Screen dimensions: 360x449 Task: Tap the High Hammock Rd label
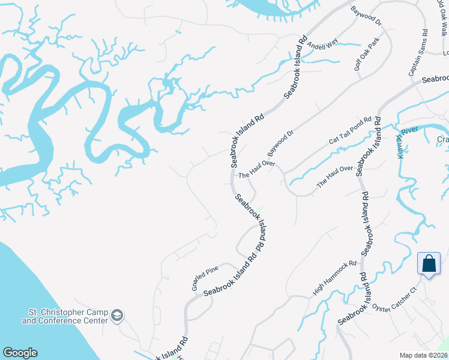pos(335,278)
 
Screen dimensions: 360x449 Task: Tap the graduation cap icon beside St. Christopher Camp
pos(118,316)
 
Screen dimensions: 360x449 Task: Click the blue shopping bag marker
pos(429,264)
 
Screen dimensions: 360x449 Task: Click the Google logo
pos(20,353)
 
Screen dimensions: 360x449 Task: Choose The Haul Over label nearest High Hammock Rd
pos(335,177)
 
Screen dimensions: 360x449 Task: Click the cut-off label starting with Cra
pos(443,139)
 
